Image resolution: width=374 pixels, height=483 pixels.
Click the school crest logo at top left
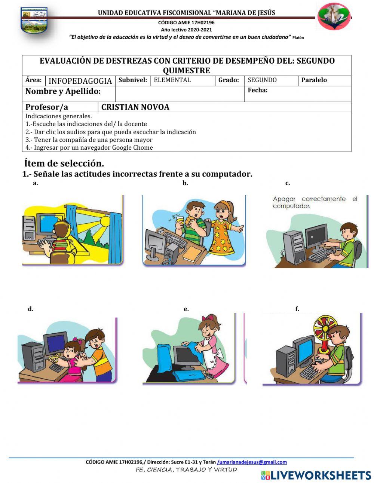(34, 21)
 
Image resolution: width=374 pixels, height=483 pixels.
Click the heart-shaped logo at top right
(334, 16)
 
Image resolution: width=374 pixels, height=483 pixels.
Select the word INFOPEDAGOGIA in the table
(80, 81)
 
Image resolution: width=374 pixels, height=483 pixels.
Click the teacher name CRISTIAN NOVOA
(135, 107)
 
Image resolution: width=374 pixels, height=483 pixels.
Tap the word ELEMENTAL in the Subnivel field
(172, 80)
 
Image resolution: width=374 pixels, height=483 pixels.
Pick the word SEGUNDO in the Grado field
(262, 80)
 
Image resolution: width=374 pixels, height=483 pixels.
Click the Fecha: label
(257, 90)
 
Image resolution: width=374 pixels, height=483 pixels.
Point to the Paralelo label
(314, 80)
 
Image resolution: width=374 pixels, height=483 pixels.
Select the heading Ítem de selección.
(64, 163)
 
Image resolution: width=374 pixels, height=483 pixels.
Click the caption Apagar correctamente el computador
(315, 202)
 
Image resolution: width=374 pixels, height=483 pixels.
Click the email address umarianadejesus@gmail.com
(252, 462)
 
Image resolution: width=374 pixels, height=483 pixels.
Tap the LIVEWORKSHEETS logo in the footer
(316, 475)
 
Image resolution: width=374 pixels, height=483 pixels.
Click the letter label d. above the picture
(31, 309)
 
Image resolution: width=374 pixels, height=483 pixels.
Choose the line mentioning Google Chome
(89, 147)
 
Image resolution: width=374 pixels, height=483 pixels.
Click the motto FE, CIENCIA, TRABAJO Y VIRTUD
(187, 470)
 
